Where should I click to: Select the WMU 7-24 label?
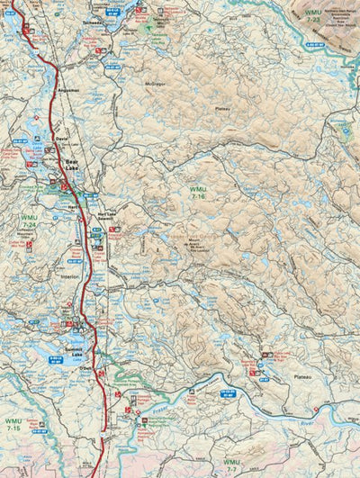click(x=29, y=221)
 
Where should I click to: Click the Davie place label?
click(x=60, y=140)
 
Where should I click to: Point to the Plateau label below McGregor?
click(x=221, y=109)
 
